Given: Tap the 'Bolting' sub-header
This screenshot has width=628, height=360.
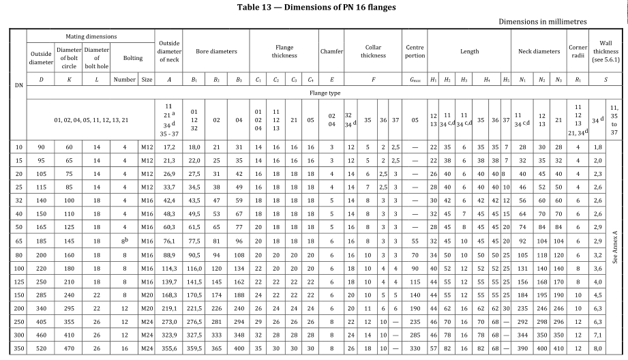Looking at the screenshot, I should [x=134, y=58].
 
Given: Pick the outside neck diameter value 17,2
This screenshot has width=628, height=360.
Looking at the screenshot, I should [x=168, y=147].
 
